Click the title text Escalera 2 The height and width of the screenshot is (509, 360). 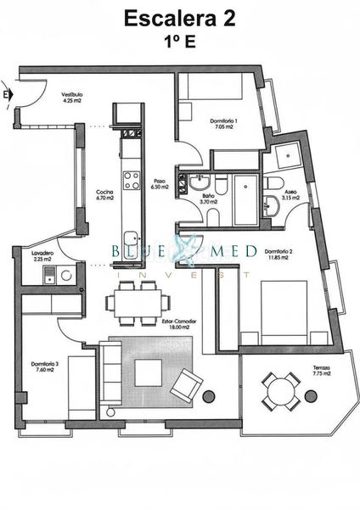coord(180,20)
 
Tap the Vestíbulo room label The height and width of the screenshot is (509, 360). coord(71,98)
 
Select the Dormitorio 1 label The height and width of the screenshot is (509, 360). coord(224,124)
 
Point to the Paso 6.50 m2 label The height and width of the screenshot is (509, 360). coord(160,184)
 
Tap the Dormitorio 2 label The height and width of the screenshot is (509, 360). coord(278,255)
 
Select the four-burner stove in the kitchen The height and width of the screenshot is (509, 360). coord(132,180)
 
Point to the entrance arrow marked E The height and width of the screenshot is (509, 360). coord(8,94)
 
